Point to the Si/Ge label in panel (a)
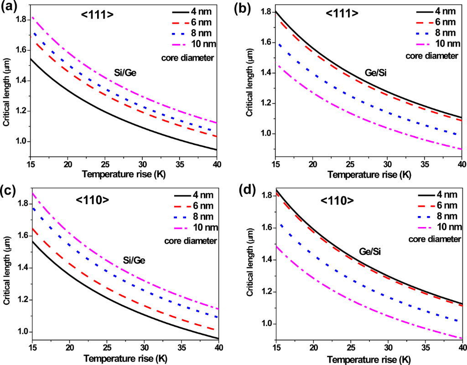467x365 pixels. pyautogui.click(x=125, y=72)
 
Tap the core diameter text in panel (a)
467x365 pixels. pyautogui.click(x=195, y=58)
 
